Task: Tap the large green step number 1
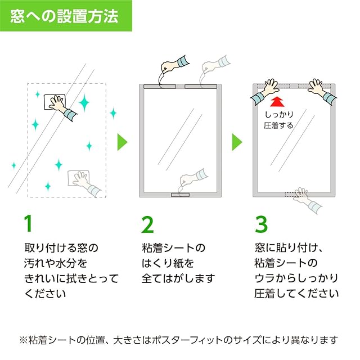29,224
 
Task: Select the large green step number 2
147,224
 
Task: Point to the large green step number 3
261,224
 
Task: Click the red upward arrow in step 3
276,101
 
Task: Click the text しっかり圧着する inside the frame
278,120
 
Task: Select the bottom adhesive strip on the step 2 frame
181,195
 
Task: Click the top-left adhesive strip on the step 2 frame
160,87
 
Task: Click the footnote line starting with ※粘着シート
179,340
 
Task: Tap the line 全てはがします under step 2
178,278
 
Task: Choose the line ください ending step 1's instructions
45,293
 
